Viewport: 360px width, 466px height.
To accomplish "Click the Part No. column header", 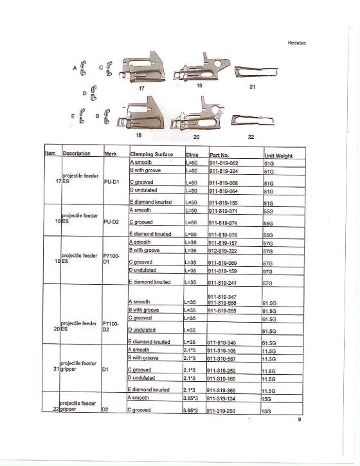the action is (x=219, y=155).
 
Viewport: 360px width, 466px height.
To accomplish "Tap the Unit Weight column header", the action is (x=278, y=156).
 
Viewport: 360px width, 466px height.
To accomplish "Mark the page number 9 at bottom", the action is (x=299, y=420).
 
